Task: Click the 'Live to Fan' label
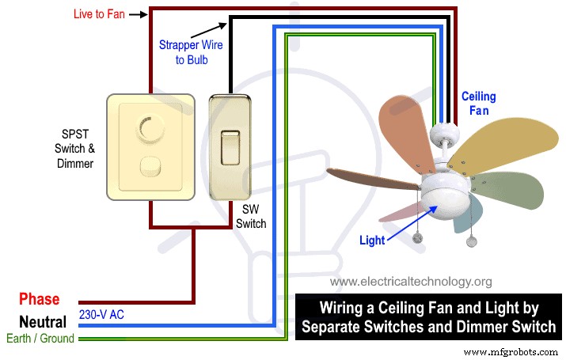pyautogui.click(x=98, y=13)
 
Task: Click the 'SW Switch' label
pyautogui.click(x=251, y=218)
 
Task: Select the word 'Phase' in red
pyautogui.click(x=40, y=299)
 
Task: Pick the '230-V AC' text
pyautogui.click(x=101, y=315)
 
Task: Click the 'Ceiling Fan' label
pyautogui.click(x=479, y=104)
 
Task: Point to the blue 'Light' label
pyautogui.click(x=374, y=240)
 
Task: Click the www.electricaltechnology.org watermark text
pyautogui.click(x=411, y=281)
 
